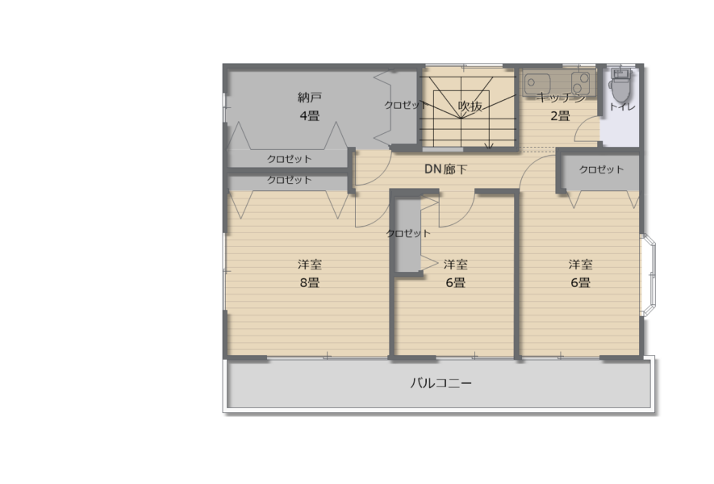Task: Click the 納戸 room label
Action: tap(310, 97)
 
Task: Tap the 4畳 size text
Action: tap(310, 116)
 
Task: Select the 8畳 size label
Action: tap(310, 283)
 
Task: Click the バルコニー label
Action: tap(441, 383)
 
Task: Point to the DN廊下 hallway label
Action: tap(445, 169)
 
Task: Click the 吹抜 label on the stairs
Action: tap(470, 106)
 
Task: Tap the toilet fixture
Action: tap(620, 86)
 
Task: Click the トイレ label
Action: tap(622, 107)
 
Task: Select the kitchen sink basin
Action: tap(537, 83)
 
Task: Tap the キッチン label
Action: tap(561, 98)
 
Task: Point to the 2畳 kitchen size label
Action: tap(560, 116)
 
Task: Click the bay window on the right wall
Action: tap(649, 275)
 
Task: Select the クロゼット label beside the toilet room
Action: tap(601, 169)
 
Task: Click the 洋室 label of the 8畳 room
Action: tap(310, 264)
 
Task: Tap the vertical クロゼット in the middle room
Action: tap(408, 233)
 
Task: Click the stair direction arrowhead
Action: tap(489, 146)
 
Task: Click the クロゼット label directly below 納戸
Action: tap(289, 159)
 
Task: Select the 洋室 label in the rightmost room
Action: tap(581, 264)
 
